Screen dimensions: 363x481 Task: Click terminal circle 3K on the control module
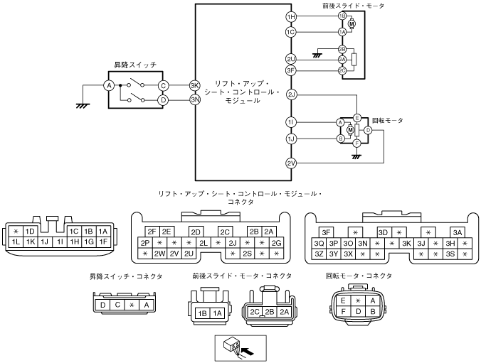click(194, 85)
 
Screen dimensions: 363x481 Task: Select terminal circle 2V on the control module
click(290, 163)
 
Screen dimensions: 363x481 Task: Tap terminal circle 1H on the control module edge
click(290, 16)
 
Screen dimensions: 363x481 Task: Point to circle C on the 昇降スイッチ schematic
click(163, 85)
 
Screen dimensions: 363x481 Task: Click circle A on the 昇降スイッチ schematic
click(110, 85)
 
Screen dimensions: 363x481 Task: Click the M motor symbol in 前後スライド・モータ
click(351, 23)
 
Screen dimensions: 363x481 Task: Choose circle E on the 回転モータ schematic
click(357, 117)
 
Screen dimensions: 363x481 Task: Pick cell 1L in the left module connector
click(15, 242)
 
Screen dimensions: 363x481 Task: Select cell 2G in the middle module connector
click(276, 243)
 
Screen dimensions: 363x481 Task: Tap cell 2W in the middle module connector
click(159, 254)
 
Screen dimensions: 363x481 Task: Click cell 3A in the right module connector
click(457, 232)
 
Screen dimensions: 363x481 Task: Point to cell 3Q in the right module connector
click(319, 243)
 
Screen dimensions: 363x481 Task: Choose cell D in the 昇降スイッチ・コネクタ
click(104, 305)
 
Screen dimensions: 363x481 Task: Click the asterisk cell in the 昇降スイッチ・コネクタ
click(132, 305)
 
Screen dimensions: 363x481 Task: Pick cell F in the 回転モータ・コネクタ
click(343, 311)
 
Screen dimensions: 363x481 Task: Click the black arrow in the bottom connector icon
click(248, 350)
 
